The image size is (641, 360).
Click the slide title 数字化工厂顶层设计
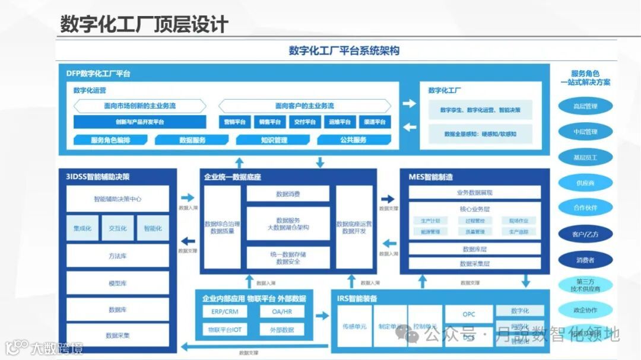click(x=144, y=24)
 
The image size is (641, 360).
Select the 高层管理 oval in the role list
click(x=585, y=107)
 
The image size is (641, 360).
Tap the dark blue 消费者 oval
click(x=585, y=259)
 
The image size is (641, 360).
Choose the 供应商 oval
click(x=585, y=183)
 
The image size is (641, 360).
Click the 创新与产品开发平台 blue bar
click(x=140, y=122)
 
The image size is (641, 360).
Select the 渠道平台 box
click(x=375, y=122)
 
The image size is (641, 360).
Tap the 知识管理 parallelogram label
click(x=274, y=140)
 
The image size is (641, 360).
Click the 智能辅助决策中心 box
click(x=118, y=199)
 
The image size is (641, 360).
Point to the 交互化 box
click(x=118, y=228)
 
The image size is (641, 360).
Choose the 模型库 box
click(x=118, y=283)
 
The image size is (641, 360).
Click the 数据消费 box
click(x=288, y=194)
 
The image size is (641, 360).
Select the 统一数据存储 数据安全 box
click(x=288, y=258)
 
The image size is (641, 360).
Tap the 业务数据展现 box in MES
click(x=475, y=193)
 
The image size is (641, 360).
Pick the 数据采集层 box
click(x=475, y=263)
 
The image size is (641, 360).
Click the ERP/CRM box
click(x=224, y=312)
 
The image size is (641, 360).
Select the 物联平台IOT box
click(x=224, y=329)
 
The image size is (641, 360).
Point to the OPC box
click(x=469, y=314)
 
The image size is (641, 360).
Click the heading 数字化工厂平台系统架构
click(x=344, y=50)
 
